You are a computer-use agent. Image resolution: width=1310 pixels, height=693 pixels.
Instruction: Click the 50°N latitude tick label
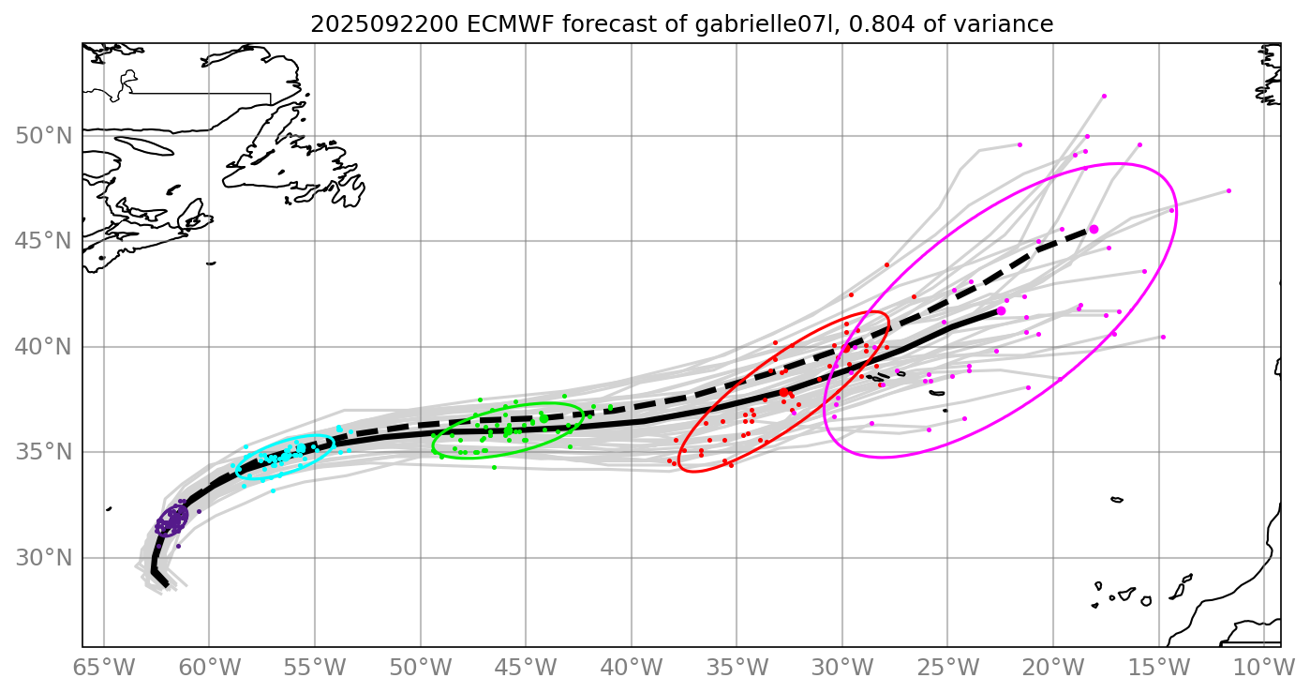click(x=44, y=136)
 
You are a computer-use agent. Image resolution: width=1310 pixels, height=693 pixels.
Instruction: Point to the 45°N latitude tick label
click(x=44, y=242)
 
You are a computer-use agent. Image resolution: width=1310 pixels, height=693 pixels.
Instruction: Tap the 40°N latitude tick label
click(x=44, y=347)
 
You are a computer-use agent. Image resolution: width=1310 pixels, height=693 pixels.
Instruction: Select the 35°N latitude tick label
click(x=44, y=453)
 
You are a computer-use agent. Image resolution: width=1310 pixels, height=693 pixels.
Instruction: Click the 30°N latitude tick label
click(x=44, y=558)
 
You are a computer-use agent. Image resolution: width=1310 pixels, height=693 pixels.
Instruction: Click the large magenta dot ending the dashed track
click(x=1094, y=229)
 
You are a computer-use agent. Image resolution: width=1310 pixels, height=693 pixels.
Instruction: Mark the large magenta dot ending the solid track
click(x=1001, y=310)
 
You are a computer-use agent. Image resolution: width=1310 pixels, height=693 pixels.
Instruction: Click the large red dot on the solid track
click(x=783, y=393)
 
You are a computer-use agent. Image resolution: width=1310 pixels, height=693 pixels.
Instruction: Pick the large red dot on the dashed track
click(x=846, y=348)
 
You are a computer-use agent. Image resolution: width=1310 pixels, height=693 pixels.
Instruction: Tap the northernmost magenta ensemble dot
click(x=1104, y=96)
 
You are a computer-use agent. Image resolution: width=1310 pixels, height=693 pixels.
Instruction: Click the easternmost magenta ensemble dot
click(x=1228, y=190)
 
